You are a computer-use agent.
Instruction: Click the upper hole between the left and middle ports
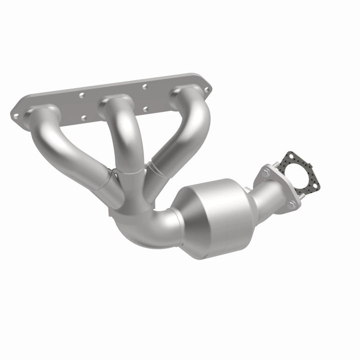tap(81, 94)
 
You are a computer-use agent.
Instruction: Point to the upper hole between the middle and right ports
tap(144, 86)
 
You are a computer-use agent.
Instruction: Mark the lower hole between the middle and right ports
tap(145, 108)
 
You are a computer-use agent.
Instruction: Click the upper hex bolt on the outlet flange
tap(265, 172)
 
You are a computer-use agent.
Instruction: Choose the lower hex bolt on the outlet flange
tap(291, 204)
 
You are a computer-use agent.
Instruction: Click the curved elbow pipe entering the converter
tap(150, 227)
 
